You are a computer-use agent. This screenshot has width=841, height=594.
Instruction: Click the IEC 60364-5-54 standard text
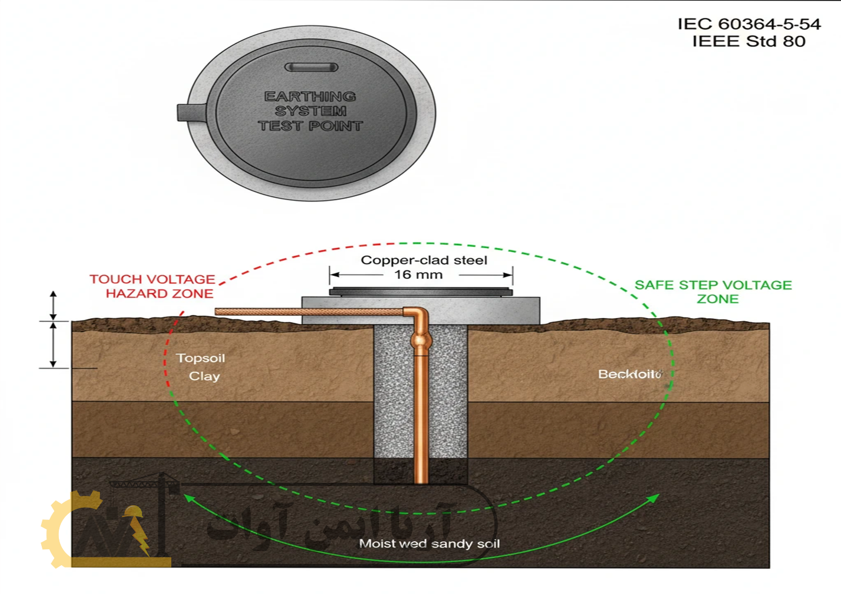749,24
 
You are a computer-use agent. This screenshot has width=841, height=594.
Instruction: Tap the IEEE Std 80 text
749,42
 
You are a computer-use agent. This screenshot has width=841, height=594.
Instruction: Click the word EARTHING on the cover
310,96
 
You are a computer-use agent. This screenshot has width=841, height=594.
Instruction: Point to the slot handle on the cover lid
311,67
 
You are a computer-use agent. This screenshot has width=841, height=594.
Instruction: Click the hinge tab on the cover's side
190,112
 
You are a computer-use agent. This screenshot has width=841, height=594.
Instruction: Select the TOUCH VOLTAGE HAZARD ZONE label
153,286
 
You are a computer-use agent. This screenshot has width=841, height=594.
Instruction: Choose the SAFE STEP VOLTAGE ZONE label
713,292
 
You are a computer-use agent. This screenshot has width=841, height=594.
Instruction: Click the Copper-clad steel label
424,260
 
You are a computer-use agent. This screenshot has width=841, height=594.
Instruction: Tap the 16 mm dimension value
418,275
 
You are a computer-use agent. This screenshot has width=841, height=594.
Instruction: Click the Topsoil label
201,358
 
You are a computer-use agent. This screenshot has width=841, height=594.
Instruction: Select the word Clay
204,376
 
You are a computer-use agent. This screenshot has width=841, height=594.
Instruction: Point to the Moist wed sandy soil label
430,544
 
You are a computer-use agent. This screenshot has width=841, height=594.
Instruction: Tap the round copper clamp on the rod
421,342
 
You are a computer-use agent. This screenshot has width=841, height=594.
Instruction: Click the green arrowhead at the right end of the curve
653,498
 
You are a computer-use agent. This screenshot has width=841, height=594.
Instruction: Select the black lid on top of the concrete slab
421,292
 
